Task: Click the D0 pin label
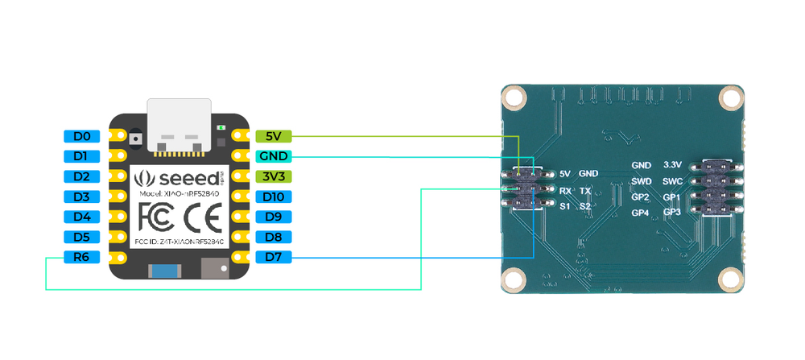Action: (x=80, y=136)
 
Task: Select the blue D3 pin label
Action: (x=80, y=197)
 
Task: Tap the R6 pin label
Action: (x=80, y=258)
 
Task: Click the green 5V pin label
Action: (x=273, y=136)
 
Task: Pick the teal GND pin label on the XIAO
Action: (x=273, y=156)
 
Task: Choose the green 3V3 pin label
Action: (x=273, y=176)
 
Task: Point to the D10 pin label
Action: (x=273, y=197)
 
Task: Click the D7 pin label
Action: (x=273, y=258)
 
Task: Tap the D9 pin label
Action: (x=273, y=217)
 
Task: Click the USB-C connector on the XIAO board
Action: (x=179, y=125)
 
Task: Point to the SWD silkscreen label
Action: (x=642, y=181)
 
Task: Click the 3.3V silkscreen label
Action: (x=672, y=164)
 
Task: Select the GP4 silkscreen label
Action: (x=641, y=212)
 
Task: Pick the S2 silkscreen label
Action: (x=584, y=206)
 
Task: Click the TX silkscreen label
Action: (x=585, y=191)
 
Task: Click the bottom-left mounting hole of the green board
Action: (x=513, y=279)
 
